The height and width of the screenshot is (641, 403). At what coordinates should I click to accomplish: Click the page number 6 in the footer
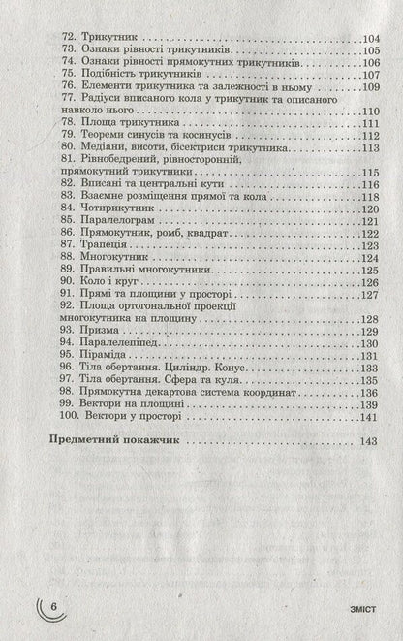(x=55, y=605)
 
